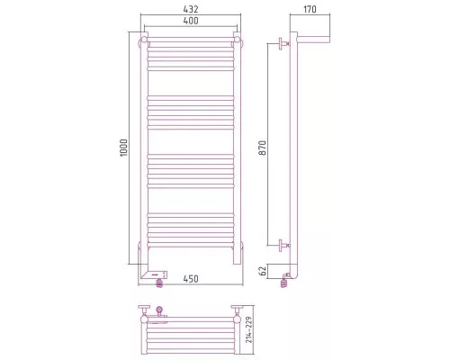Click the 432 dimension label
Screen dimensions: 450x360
(x=191, y=9)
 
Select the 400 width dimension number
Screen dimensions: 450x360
(x=191, y=21)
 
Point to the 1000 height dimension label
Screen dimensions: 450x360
(x=123, y=148)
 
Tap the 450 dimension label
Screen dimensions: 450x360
(x=191, y=279)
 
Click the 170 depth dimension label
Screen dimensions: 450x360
(x=310, y=9)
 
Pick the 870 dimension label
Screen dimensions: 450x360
(x=263, y=148)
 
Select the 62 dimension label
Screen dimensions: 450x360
(x=263, y=272)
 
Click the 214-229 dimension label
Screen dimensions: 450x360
(x=249, y=330)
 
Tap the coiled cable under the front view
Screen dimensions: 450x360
(x=160, y=283)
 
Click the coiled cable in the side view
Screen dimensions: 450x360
(x=284, y=283)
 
